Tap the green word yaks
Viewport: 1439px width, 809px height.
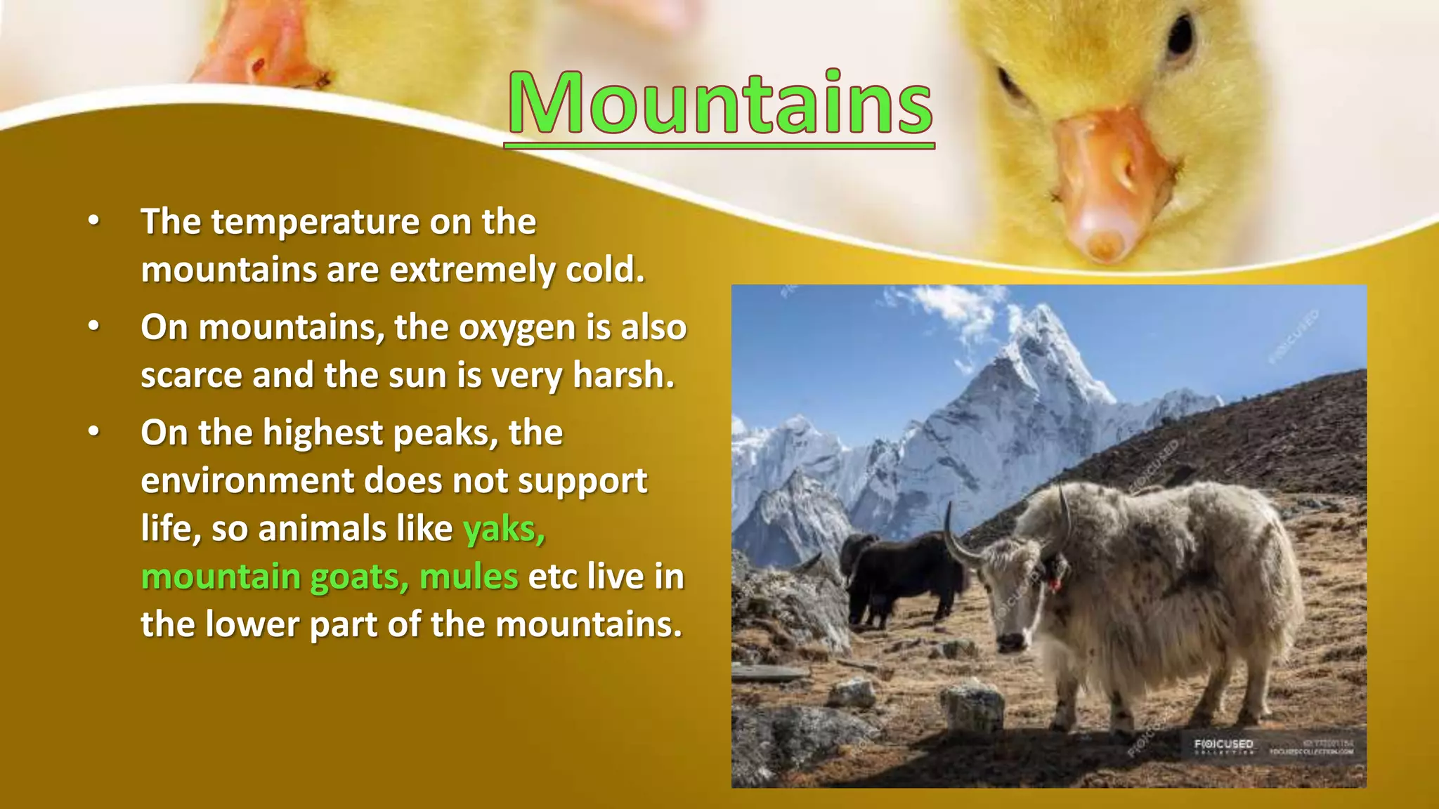coord(503,529)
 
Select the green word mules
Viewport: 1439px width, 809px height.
coord(469,577)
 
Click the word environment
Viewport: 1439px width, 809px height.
coord(246,482)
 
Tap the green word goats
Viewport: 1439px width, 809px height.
coord(359,577)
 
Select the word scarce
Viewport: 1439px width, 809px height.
coord(191,376)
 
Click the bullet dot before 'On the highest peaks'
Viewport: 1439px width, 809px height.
coord(94,433)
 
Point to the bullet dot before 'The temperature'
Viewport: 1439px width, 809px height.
coord(94,222)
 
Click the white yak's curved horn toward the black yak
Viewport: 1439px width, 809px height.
coord(956,541)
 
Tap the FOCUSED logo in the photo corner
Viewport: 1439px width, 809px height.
coord(1223,744)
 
